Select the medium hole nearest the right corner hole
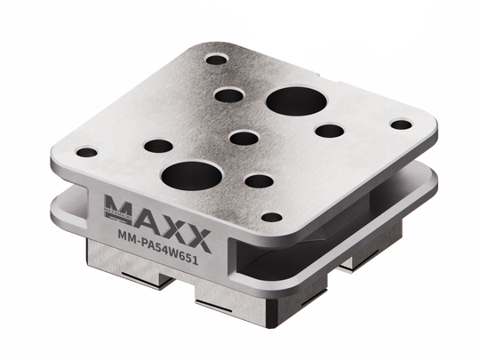click(328, 131)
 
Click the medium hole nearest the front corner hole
click(259, 181)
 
